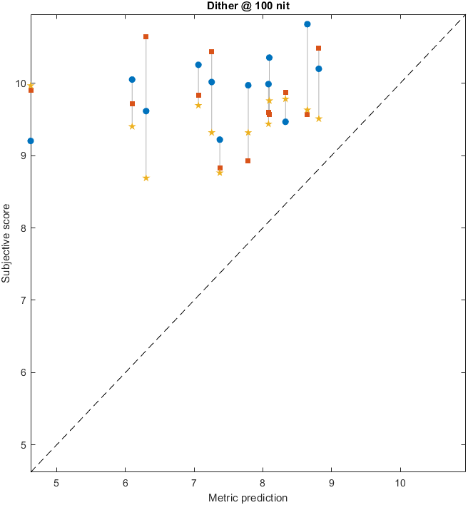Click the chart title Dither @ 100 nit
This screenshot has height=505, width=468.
pos(248,6)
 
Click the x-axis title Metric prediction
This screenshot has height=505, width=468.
pos(248,497)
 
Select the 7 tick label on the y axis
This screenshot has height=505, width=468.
pos(24,300)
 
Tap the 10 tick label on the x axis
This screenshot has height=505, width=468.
pos(400,481)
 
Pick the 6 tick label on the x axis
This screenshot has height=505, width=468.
pos(125,481)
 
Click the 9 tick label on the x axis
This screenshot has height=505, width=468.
pos(332,481)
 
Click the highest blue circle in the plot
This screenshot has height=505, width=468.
pos(307,24)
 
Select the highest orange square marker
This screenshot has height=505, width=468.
pos(146,36)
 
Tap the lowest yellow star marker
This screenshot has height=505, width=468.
pos(146,178)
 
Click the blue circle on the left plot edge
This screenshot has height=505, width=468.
pos(31,141)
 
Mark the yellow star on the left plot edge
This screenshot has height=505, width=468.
pos(31,85)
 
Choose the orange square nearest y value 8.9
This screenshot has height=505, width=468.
pos(248,161)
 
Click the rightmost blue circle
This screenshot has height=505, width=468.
pos(319,68)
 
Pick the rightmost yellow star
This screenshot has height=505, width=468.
pos(319,118)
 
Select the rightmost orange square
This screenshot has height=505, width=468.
pos(318,49)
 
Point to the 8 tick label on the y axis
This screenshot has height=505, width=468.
pos(24,228)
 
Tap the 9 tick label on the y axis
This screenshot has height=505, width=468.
pos(24,155)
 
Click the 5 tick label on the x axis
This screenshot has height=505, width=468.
pos(56,481)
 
